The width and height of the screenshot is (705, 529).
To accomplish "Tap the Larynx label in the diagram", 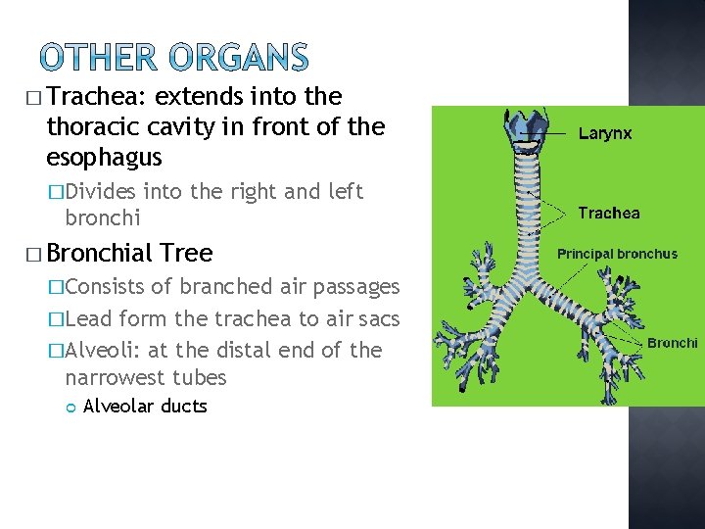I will tap(605, 133).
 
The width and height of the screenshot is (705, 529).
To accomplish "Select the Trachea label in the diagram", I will tap(609, 213).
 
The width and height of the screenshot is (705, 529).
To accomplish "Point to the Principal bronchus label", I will tap(617, 254).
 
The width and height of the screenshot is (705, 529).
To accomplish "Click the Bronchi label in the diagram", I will tap(672, 343).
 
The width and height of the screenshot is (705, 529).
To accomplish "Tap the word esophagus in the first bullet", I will tap(104, 158).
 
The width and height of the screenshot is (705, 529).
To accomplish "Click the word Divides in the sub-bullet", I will tap(102, 191).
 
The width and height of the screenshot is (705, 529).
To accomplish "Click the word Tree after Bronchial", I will tap(188, 253).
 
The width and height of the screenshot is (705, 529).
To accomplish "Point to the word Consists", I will tap(104, 287).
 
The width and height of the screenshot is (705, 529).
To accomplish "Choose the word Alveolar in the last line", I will tap(117, 406).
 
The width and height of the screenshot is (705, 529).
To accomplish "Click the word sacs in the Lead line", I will tap(379, 318).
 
